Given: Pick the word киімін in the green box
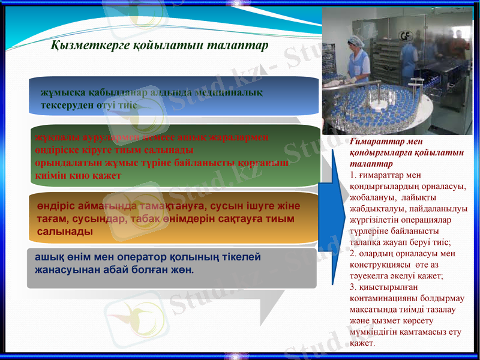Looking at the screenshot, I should click(x=50, y=175).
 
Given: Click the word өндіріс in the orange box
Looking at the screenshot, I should click(x=53, y=206).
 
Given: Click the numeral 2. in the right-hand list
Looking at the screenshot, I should click(x=352, y=254).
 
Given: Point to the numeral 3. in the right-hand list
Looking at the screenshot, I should click(x=352, y=287).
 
